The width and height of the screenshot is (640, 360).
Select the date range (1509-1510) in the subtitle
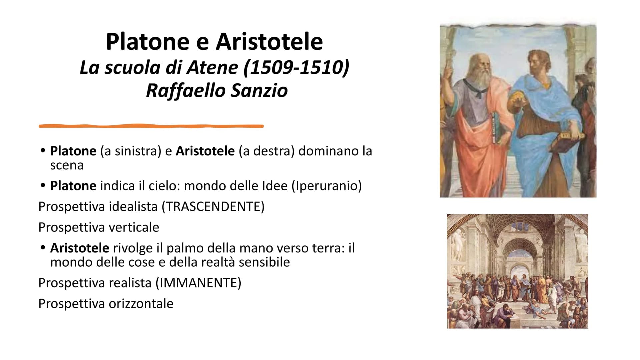[x=296, y=68]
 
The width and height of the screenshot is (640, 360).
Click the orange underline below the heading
[x=151, y=126]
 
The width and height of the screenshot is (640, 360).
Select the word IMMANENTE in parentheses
[x=198, y=283]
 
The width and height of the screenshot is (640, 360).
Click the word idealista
[x=133, y=207]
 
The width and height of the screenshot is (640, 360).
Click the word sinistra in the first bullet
[x=136, y=151]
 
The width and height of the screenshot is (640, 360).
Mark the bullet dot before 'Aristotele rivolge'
[x=42, y=248]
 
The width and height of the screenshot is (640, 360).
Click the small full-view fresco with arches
[x=517, y=271]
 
